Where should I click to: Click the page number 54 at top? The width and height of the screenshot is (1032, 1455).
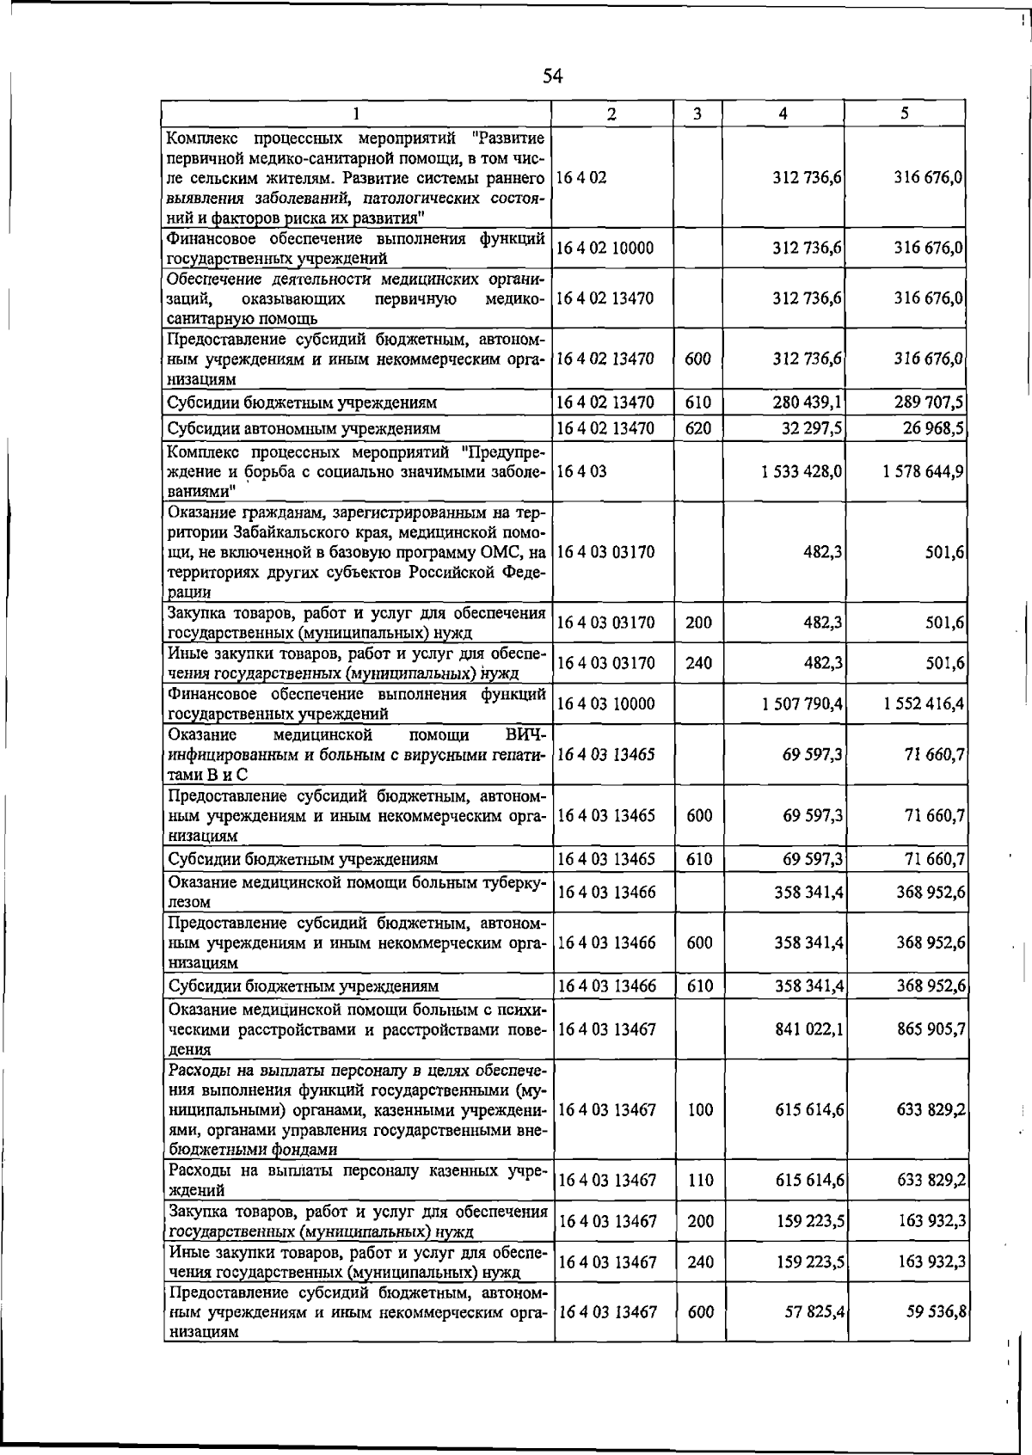coord(552,77)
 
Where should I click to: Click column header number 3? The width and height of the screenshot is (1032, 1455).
coord(697,114)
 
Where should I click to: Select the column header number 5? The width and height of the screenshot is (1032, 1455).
coord(906,114)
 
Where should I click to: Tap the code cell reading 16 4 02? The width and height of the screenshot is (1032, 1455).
coord(582,177)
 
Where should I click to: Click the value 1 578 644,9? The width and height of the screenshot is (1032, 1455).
coord(923,471)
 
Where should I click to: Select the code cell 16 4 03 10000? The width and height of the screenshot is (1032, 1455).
coord(606,703)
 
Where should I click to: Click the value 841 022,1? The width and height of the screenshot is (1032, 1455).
coord(808,1028)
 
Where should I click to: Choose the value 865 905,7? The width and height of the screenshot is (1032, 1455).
coord(930,1028)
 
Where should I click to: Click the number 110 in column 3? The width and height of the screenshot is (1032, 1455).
coord(700,1180)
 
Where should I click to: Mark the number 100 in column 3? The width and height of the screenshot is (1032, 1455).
coord(700,1109)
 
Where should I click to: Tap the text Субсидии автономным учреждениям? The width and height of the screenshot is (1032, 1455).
coord(304,427)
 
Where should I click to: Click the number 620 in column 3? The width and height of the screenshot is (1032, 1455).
coord(698,427)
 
